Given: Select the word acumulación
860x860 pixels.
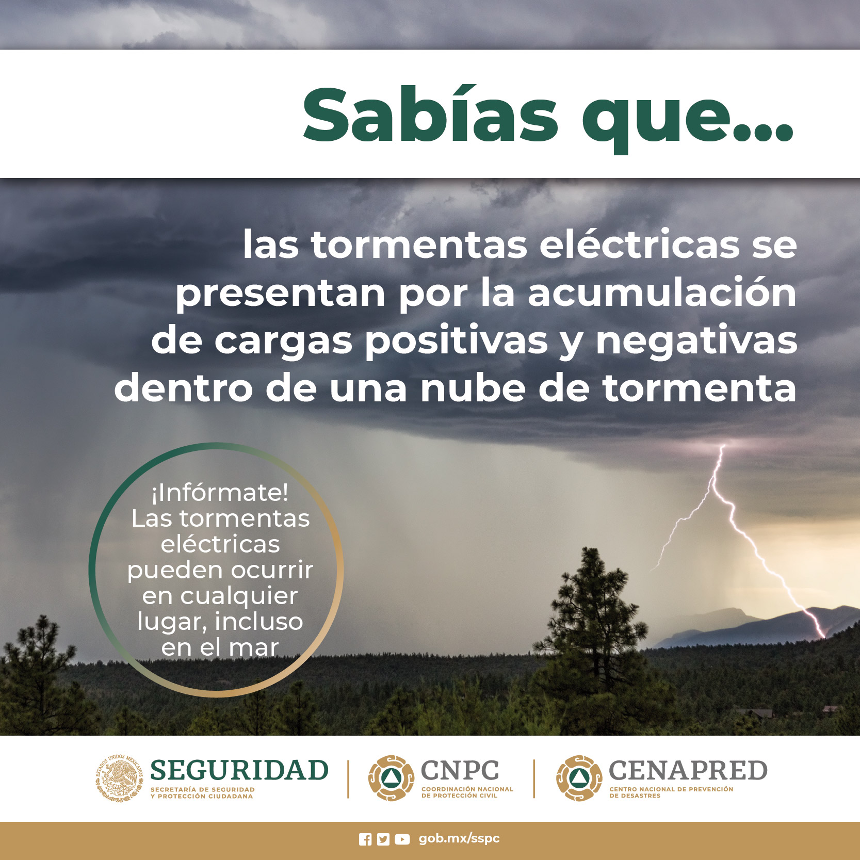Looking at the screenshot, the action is (662, 293).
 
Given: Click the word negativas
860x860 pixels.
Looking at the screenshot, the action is (696, 340).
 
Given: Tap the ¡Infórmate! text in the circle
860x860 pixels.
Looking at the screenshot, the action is (220, 492).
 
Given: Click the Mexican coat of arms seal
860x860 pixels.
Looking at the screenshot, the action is (119, 778).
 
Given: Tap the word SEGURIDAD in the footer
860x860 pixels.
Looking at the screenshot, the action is (239, 771).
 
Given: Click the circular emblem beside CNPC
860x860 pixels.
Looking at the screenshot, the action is (391, 778).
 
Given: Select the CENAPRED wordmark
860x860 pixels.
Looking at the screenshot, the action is (688, 771).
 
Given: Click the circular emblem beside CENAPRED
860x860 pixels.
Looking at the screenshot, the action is (579, 778).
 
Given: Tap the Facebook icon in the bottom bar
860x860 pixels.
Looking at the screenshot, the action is (365, 839).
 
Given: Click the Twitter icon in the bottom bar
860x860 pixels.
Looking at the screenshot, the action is (383, 839).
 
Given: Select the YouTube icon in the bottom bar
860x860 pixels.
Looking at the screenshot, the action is (402, 839).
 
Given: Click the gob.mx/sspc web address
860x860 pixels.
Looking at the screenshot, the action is (459, 839).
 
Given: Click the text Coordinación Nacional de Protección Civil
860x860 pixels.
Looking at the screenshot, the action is (467, 792).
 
